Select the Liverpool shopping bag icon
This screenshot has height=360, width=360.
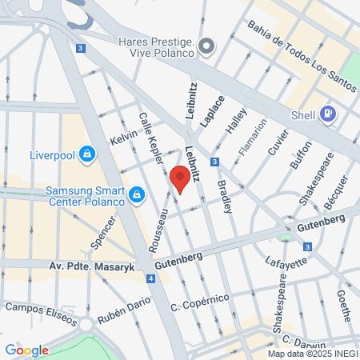88,154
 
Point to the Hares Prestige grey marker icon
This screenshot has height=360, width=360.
207,46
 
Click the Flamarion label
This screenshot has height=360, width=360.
251,136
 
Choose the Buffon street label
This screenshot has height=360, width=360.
301,159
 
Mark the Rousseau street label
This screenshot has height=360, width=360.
158,232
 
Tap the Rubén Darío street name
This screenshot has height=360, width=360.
118,318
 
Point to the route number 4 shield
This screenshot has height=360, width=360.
150,278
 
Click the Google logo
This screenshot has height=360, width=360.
26,350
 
